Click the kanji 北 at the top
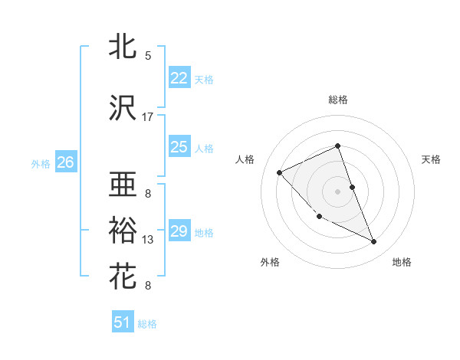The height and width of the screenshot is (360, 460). point(123,47)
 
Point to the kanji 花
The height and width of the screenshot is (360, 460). point(123,275)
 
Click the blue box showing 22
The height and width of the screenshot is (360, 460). point(179,78)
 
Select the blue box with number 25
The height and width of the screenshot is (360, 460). point(179,147)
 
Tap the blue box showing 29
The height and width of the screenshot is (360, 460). point(179,231)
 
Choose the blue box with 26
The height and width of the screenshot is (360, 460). point(66,162)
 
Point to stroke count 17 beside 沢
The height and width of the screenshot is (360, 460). point(148,116)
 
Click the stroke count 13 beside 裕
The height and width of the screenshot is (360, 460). point(148,240)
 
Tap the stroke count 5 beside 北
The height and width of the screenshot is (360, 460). point(148,56)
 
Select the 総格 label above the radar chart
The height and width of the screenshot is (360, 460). point(338,100)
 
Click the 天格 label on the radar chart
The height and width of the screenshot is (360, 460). point(432,159)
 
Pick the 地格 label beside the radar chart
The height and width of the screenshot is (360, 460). point(402,262)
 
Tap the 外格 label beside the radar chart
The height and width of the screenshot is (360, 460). point(270,262)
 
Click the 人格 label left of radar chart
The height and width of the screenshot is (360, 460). point(245,159)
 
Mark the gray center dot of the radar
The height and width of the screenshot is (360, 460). point(338,191)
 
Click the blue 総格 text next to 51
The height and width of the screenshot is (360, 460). point(147,324)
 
